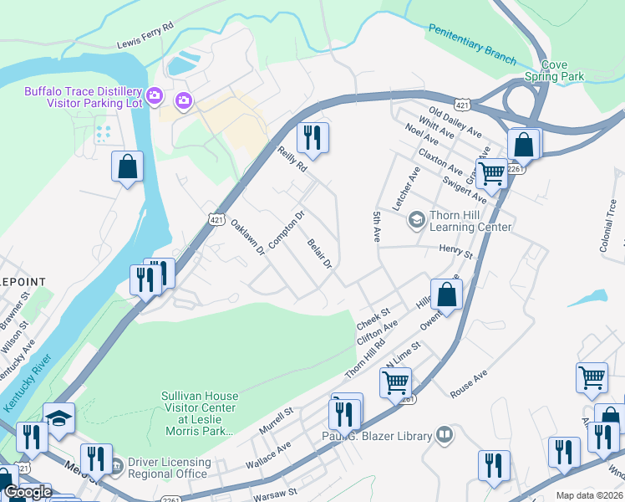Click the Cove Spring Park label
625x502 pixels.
(x=554, y=70)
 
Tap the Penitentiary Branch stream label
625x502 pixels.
(x=472, y=43)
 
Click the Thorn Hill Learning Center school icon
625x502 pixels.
(x=415, y=220)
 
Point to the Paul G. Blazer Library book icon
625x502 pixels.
(x=445, y=435)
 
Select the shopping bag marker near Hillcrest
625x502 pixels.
(x=447, y=295)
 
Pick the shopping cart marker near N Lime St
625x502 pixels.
(x=394, y=383)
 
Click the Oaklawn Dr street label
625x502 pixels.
(x=247, y=237)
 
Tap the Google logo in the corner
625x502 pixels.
(x=28, y=492)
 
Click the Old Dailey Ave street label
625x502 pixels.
(x=455, y=122)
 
